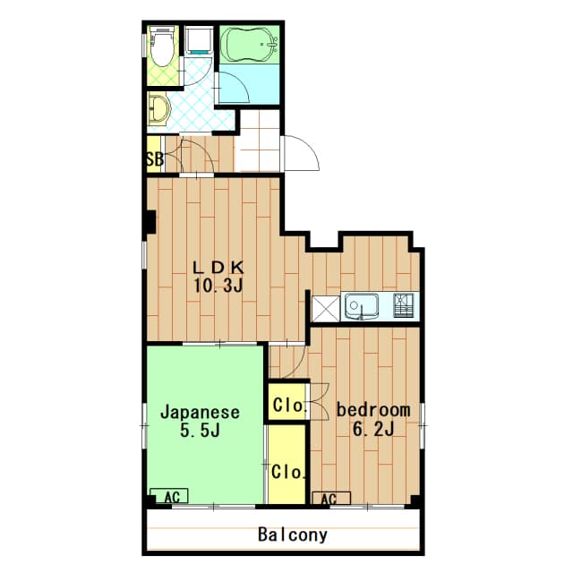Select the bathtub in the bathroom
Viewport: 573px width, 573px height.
[250, 45]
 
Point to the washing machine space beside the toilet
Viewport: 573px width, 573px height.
[199, 39]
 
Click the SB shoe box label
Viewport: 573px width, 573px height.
[155, 159]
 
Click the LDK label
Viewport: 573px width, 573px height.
[218, 268]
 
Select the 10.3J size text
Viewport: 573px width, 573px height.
[218, 286]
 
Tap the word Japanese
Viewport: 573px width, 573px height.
[201, 413]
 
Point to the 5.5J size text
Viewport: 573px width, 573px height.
[200, 431]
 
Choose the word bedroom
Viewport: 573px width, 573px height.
[373, 410]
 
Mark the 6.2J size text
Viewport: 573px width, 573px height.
[373, 429]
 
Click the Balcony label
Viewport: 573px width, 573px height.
[293, 535]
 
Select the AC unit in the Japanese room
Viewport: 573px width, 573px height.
[169, 496]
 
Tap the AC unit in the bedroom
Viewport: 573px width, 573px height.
[331, 499]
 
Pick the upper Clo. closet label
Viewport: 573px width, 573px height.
[288, 405]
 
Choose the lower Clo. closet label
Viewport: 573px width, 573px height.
[287, 472]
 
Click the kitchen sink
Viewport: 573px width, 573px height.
[360, 305]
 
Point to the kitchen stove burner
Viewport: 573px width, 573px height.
[403, 304]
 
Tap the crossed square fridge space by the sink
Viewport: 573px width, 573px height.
[326, 309]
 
